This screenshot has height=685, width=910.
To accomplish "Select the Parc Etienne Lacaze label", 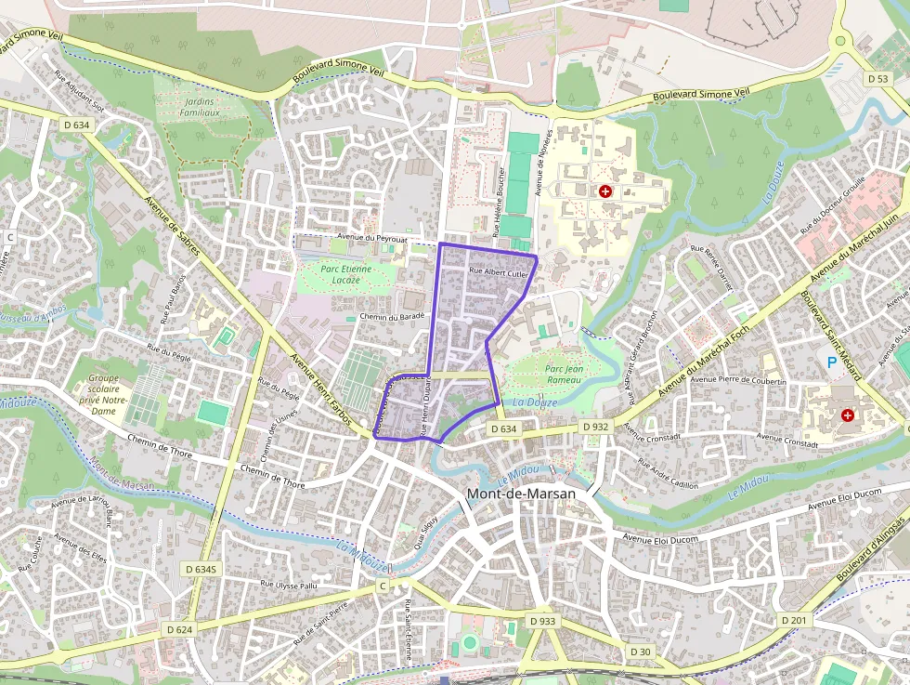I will coord(345,274).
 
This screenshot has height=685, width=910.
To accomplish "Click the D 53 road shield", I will coord(878,79).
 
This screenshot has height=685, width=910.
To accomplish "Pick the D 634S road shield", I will coord(200,569).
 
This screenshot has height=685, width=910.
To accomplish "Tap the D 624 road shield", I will coord(179,629).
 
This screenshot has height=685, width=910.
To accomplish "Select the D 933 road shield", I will coord(542,620).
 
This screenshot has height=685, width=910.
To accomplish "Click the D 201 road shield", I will coord(794,620).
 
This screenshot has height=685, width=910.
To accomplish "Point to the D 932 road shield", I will coord(595,426).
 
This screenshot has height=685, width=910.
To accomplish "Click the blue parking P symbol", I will coord(831,362).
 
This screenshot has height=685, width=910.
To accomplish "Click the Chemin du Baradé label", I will coord(392,317).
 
